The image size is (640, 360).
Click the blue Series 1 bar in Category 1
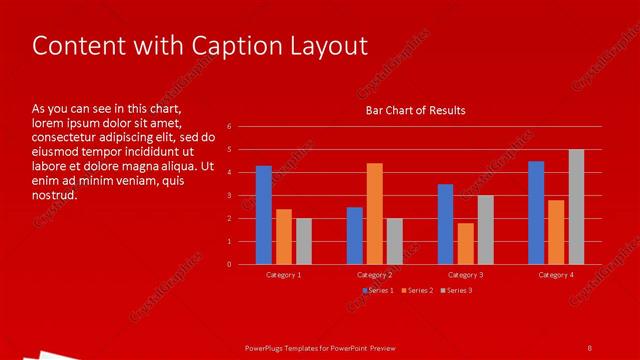click(x=264, y=215)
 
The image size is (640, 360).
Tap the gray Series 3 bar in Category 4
click(x=576, y=207)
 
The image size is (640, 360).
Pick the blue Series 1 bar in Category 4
click(x=536, y=212)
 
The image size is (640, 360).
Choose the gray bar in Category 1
click(x=304, y=241)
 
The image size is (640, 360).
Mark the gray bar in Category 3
click(x=485, y=229)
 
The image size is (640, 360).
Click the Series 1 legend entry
click(x=378, y=290)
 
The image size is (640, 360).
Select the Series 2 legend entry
click(x=418, y=290)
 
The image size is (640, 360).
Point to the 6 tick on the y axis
click(x=229, y=127)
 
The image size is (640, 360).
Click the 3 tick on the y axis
click(x=229, y=196)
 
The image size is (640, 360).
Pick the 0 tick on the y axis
click(x=229, y=265)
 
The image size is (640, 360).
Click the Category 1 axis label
click(x=284, y=274)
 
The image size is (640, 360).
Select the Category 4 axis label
click(x=556, y=274)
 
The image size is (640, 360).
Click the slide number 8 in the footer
click(x=589, y=347)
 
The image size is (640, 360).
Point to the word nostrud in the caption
click(x=55, y=194)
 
